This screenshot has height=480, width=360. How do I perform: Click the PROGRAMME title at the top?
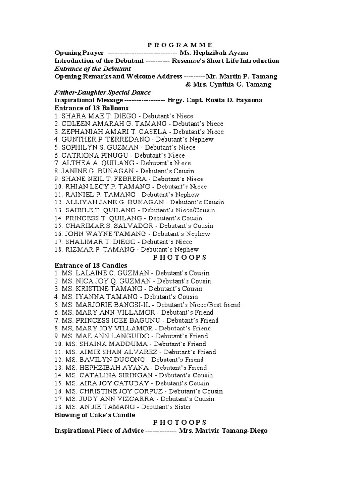pos(180,45)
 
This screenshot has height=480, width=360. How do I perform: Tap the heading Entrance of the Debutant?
pos(93,68)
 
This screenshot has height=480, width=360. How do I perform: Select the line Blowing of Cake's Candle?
pos(95,415)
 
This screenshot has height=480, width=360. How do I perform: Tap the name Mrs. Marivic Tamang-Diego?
pos(223,431)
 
